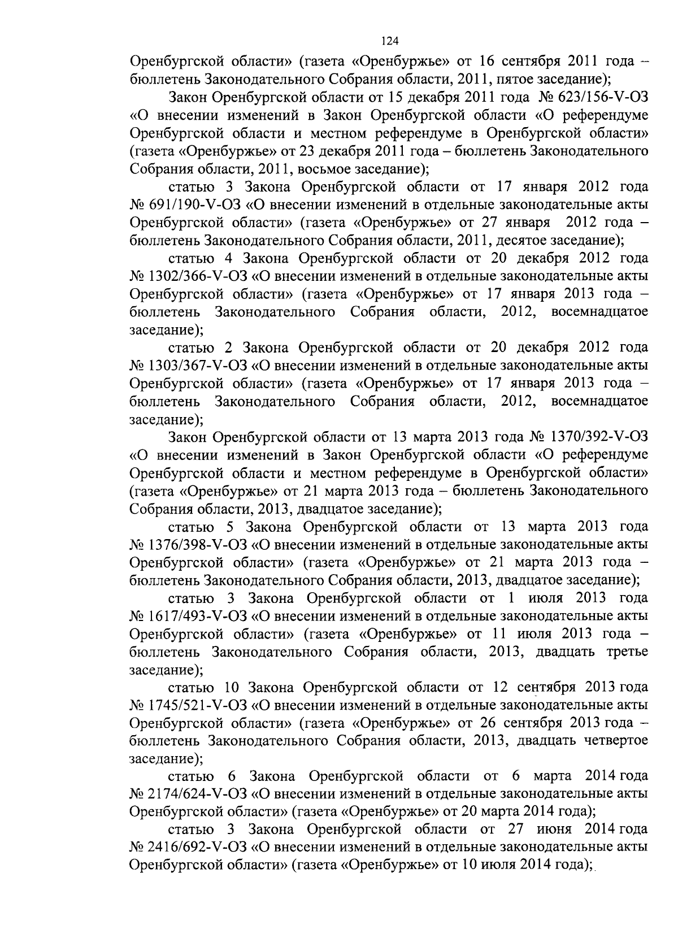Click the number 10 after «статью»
(233, 687)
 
